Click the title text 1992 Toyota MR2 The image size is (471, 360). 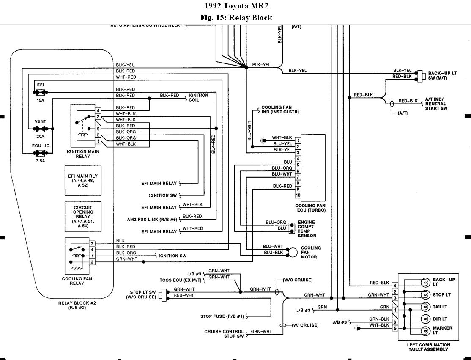click(x=236, y=6)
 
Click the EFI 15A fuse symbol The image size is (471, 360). click(x=41, y=92)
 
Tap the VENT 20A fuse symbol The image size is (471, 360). click(x=41, y=128)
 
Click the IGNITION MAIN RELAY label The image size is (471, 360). click(x=83, y=154)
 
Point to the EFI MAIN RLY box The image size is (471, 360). click(x=83, y=180)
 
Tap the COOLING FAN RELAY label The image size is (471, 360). click(x=77, y=281)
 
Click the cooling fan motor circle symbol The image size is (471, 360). click(x=293, y=253)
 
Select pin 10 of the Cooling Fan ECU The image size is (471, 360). click(x=298, y=195)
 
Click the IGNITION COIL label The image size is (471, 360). click(x=198, y=97)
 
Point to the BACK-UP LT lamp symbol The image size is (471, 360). click(x=424, y=283)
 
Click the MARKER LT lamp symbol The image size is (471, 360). click(x=424, y=330)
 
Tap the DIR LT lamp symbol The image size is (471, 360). click(x=424, y=319)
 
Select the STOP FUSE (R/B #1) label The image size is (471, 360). click(x=222, y=316)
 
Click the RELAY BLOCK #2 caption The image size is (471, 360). click(x=77, y=305)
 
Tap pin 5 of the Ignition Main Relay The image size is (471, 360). click(x=98, y=129)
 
